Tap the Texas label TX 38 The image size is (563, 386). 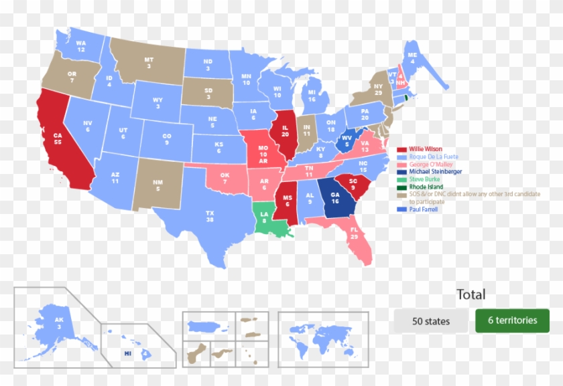pyautogui.click(x=210, y=216)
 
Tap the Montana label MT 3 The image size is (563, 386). pyautogui.click(x=149, y=63)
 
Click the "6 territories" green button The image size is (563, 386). pyautogui.click(x=512, y=320)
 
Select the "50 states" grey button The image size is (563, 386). pyautogui.click(x=431, y=321)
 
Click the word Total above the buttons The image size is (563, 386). pyautogui.click(x=471, y=294)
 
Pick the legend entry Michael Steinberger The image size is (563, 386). pyautogui.click(x=435, y=172)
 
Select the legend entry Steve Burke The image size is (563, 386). pyautogui.click(x=425, y=179)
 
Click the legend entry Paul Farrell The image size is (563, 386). pyautogui.click(x=424, y=209)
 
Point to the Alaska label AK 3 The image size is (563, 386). pyautogui.click(x=59, y=323)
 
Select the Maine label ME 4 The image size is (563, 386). pyautogui.click(x=413, y=58)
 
